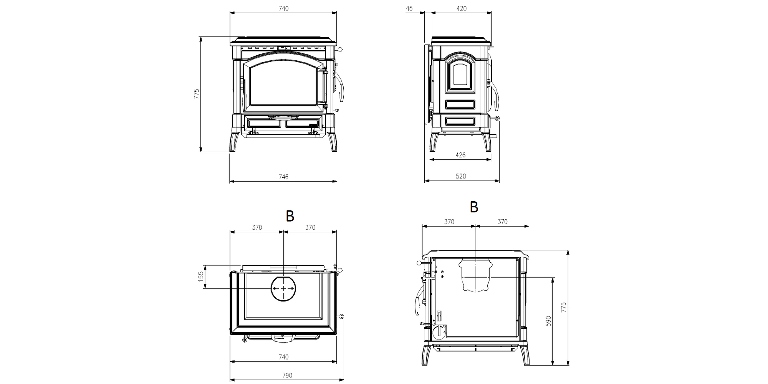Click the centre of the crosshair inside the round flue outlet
[283, 288]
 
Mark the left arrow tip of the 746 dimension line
[230, 181]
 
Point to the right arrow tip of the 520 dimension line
[499, 180]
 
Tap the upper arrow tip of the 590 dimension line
[553, 277]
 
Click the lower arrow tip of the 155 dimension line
[205, 288]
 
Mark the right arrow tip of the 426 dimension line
[491, 159]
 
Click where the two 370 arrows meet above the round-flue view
[283, 232]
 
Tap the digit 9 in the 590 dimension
[549, 321]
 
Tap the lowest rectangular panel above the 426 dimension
[460, 121]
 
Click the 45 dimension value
[409, 8]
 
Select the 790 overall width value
[287, 375]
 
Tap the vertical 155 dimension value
[201, 276]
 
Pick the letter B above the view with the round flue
[290, 216]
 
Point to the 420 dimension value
[462, 8]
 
